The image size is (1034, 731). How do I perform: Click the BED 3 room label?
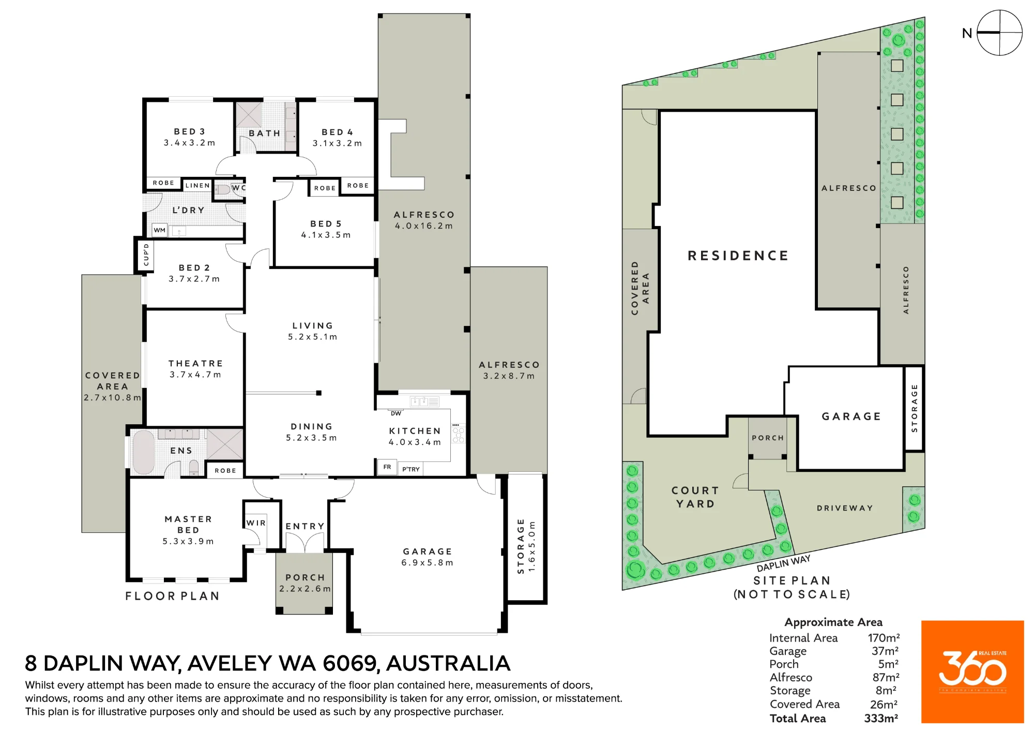coord(189,132)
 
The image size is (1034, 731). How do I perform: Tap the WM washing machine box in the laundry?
coord(160,230)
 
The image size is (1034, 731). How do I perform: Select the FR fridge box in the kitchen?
coord(387,467)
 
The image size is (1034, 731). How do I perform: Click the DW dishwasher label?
coord(396,413)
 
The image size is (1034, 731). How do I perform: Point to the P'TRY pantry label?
coord(411,469)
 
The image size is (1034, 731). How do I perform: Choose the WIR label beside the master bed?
coord(256,523)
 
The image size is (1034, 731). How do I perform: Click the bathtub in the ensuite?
coord(144,452)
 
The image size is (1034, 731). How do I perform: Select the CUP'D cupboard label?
coord(146,255)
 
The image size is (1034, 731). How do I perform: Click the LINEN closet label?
coord(197,185)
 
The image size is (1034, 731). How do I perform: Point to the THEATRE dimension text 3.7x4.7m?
coord(195,375)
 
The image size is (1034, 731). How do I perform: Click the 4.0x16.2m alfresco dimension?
coord(424,226)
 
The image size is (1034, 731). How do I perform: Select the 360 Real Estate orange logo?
coord(972,672)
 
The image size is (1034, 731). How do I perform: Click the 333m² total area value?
coord(881,718)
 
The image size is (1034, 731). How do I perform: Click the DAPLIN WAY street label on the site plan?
coord(783,563)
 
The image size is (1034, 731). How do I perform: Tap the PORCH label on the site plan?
coord(768,438)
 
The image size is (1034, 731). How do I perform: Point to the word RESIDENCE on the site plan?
coord(738,256)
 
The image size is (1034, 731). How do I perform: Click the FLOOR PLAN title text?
coord(172,596)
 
